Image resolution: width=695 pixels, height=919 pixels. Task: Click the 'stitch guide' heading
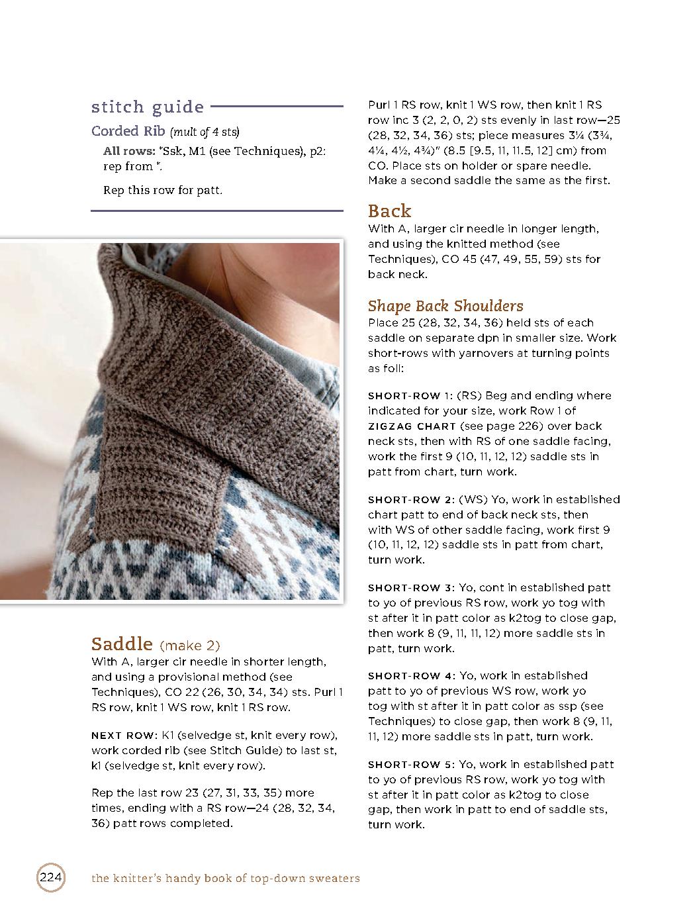click(x=147, y=107)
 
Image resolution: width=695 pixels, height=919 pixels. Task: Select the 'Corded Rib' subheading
click(x=128, y=130)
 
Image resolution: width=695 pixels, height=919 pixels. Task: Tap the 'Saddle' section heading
click(x=122, y=644)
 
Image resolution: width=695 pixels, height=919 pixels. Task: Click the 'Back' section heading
click(x=389, y=211)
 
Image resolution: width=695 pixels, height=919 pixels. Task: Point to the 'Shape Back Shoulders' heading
click(x=445, y=306)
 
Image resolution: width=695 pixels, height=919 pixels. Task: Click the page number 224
click(x=50, y=878)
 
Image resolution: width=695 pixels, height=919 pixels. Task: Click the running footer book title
click(x=226, y=879)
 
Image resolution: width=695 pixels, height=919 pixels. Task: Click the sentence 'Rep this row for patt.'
click(x=163, y=190)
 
